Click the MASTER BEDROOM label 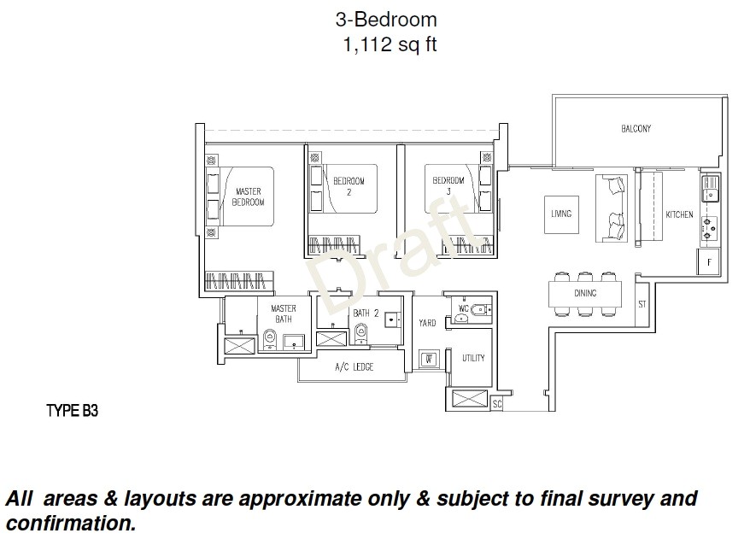pyautogui.click(x=249, y=196)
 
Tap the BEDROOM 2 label pyautogui.click(x=349, y=186)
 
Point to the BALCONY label pyautogui.click(x=636, y=129)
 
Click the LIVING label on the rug pyautogui.click(x=561, y=214)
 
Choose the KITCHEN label pyautogui.click(x=679, y=215)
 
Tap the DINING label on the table pyautogui.click(x=585, y=293)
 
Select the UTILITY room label pyautogui.click(x=473, y=358)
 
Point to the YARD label pyautogui.click(x=427, y=323)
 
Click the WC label pyautogui.click(x=464, y=307)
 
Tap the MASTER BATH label pyautogui.click(x=284, y=313)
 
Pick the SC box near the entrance pyautogui.click(x=497, y=404)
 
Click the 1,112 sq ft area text pyautogui.click(x=389, y=45)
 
